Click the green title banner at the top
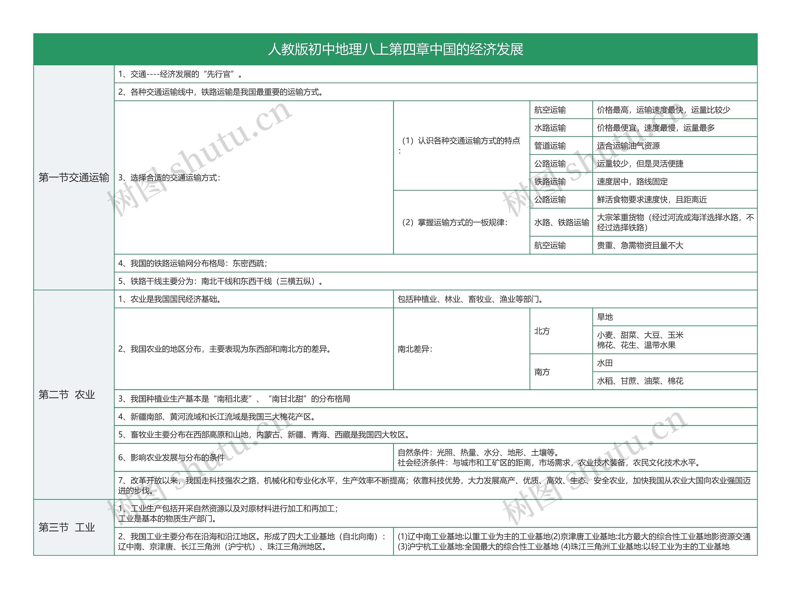pyautogui.click(x=395, y=49)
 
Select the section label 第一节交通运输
pyautogui.click(x=74, y=178)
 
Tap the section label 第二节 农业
pyautogui.click(x=67, y=395)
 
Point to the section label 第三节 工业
pyautogui.click(x=67, y=527)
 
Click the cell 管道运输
pyautogui.click(x=550, y=146)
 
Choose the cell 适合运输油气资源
pyautogui.click(x=628, y=146)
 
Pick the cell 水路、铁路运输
pyautogui.click(x=561, y=222)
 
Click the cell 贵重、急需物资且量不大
pyautogui.click(x=640, y=245)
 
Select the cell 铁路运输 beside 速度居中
pyautogui.click(x=550, y=182)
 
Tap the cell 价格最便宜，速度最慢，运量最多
pyautogui.click(x=655, y=128)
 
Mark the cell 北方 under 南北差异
pyautogui.click(x=542, y=331)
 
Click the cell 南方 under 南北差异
pyautogui.click(x=542, y=372)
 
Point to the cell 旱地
pyautogui.click(x=605, y=317)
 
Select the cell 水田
pyautogui.click(x=605, y=363)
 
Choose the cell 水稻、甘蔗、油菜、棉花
pyautogui.click(x=640, y=381)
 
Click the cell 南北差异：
pyautogui.click(x=415, y=349)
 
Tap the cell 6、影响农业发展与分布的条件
pyautogui.click(x=171, y=457)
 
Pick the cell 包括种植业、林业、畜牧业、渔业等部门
pyautogui.click(x=470, y=299)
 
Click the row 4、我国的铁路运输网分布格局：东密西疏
pyautogui.click(x=193, y=263)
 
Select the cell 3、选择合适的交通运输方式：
pyautogui.click(x=169, y=178)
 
